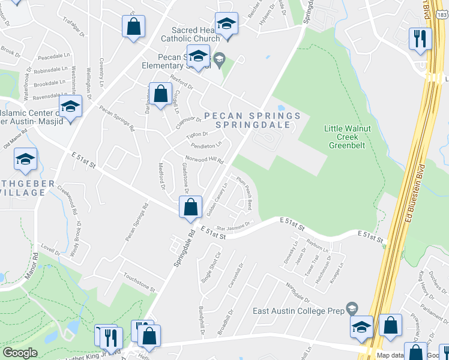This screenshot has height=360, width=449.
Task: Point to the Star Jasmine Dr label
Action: [x=232, y=226]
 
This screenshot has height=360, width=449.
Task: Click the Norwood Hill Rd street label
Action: [x=203, y=160]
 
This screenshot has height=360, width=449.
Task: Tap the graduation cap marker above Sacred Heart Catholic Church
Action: [x=226, y=24]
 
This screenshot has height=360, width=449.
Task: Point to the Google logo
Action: [x=20, y=353]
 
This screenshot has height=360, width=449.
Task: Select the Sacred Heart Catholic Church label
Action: [x=196, y=34]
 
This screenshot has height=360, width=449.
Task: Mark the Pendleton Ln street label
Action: [x=206, y=145]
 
